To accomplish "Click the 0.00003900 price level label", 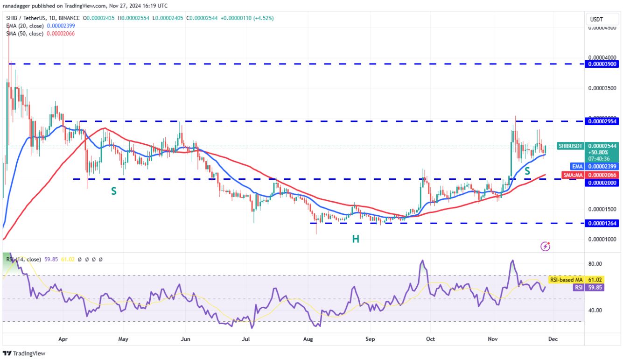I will coord(602,64).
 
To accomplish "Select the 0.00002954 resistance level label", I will coord(602,121).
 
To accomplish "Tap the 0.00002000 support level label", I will coord(602,183).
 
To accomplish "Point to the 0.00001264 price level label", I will coord(602,223).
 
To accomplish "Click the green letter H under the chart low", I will coord(356,239).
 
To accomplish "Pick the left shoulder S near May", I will coord(113,191).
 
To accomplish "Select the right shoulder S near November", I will coord(527,171).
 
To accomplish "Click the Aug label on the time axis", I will coord(308,339).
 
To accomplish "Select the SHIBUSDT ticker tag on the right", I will coord(570,146).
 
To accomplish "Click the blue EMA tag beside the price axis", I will coord(578,166).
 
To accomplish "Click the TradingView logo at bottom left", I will coord(24,353).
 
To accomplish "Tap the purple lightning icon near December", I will coord(545,246).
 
